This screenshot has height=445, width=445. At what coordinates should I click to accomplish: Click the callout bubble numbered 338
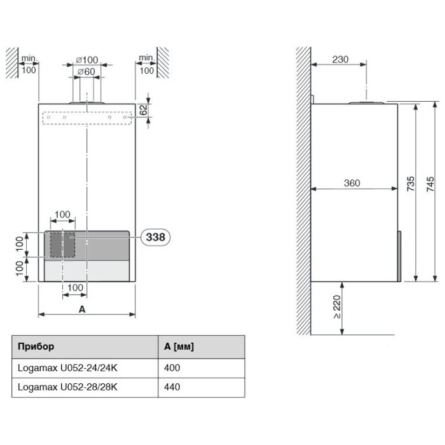tap(155, 237)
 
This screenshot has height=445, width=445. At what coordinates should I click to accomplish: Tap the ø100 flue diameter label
tap(87, 60)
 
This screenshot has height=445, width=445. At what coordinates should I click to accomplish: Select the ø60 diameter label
tap(86, 71)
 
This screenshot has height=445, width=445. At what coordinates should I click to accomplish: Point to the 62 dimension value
tap(144, 110)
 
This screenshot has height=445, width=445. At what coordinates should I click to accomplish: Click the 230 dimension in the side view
tap(340, 60)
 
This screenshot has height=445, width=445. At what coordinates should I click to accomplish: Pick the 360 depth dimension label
tap(352, 183)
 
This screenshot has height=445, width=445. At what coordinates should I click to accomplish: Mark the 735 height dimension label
tap(411, 184)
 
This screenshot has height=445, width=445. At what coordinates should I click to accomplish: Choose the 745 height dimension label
tap(430, 184)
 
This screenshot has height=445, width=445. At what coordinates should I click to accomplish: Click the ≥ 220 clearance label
tap(336, 307)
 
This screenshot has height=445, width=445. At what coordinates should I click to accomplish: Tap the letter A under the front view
tap(82, 309)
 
